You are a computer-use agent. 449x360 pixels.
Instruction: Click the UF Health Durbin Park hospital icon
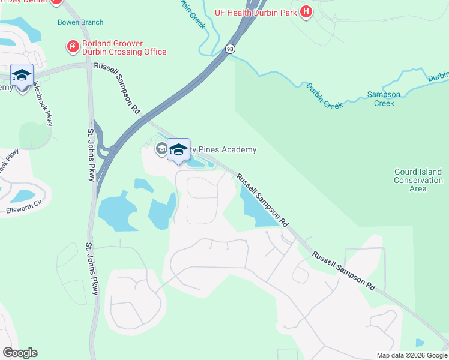coord(306,11)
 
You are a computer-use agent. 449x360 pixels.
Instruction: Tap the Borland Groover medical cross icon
coord(73,46)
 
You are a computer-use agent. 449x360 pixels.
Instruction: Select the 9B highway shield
coord(230,49)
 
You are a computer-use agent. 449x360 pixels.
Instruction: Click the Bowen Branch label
coord(80,22)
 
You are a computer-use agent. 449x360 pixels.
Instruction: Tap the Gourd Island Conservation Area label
coord(418,180)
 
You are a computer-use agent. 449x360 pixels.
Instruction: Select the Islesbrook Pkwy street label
coord(43,103)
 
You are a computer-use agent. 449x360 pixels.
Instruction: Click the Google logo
coord(20,353)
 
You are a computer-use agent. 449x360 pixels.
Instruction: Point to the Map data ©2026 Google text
coord(411,355)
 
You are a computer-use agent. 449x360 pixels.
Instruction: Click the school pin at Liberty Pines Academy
coord(178,150)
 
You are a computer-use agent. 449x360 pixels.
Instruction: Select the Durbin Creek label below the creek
coord(325,96)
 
